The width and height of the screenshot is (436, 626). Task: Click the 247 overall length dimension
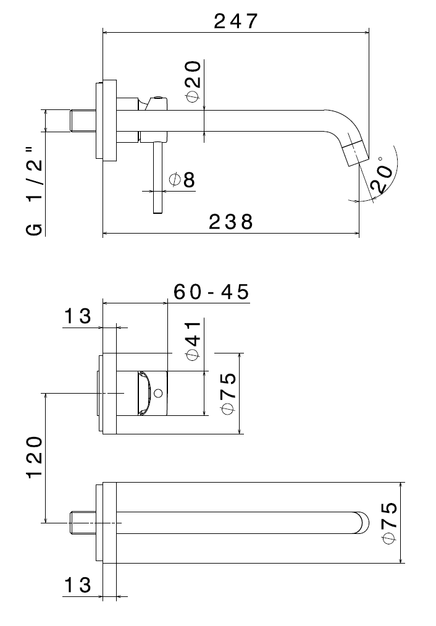click(x=235, y=21)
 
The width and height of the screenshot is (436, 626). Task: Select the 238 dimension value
click(x=230, y=222)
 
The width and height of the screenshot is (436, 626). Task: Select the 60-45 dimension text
click(x=211, y=292)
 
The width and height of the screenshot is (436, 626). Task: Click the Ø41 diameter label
click(x=193, y=340)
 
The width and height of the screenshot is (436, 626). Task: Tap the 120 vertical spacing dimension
click(x=35, y=457)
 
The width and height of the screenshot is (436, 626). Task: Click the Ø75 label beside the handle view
click(x=228, y=394)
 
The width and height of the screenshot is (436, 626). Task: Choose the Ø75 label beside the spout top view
click(x=390, y=523)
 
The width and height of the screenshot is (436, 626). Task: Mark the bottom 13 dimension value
click(x=78, y=585)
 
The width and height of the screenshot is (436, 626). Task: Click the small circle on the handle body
click(x=158, y=393)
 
